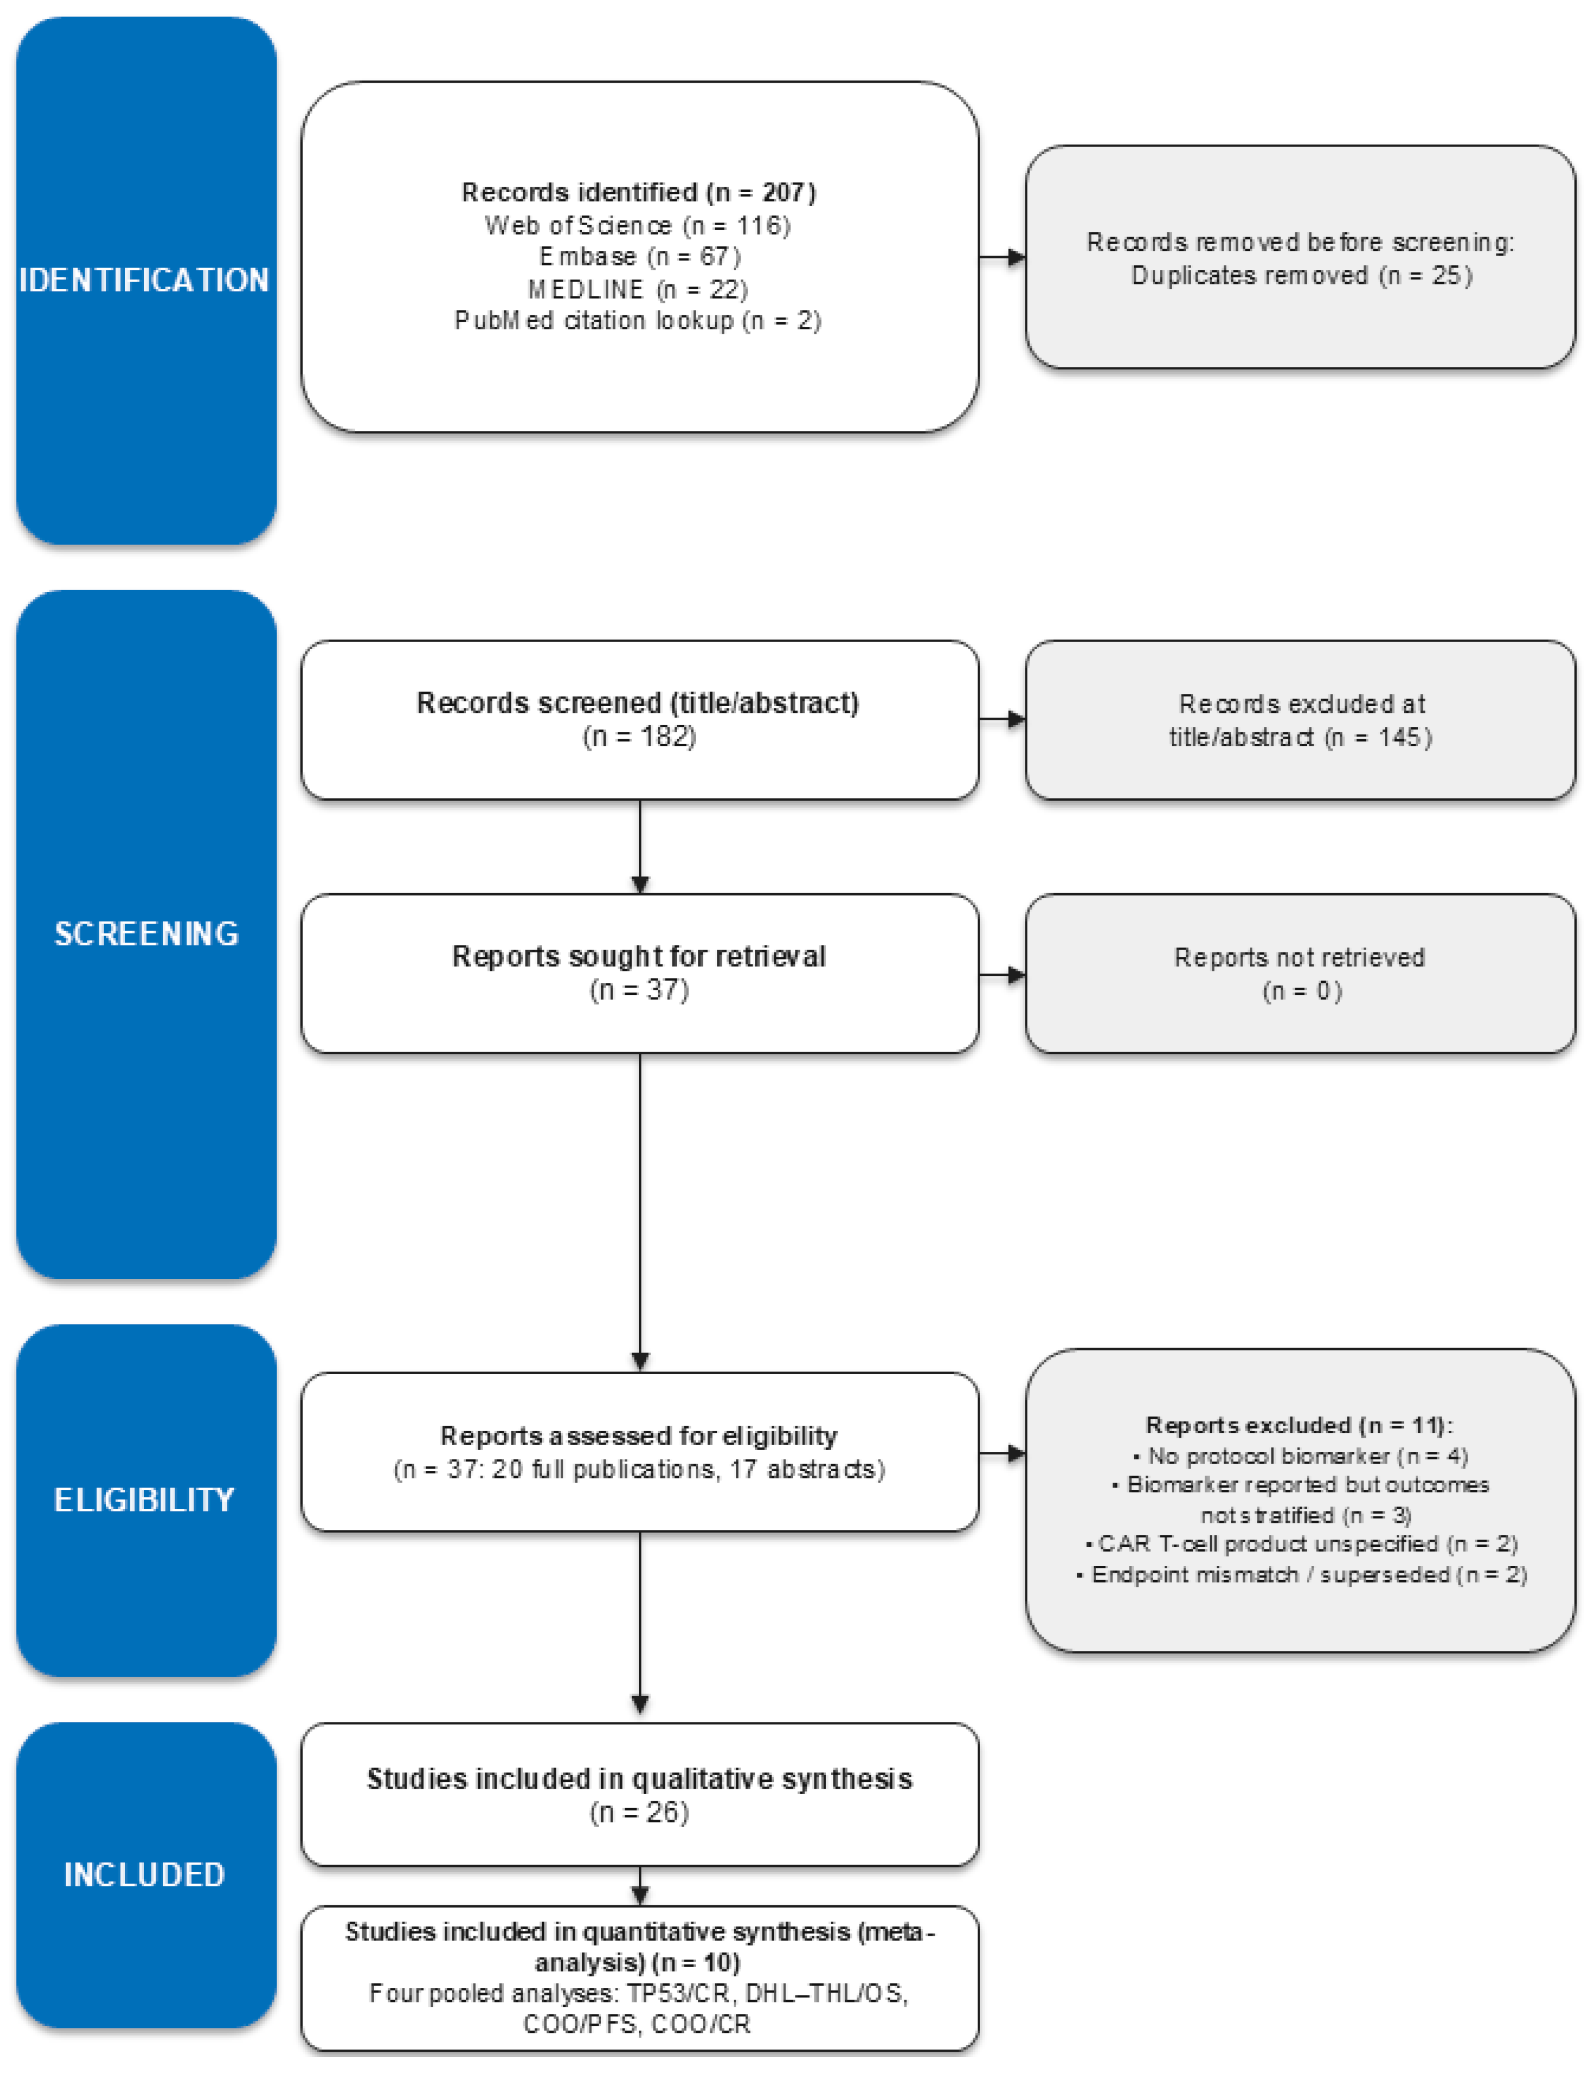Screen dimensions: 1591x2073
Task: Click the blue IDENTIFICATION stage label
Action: (144, 280)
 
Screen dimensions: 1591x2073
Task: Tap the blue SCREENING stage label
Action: (146, 933)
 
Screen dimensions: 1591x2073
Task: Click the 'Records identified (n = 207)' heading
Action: (638, 192)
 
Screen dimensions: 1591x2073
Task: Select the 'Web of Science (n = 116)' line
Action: (637, 226)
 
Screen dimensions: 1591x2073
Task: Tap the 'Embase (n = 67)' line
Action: (639, 257)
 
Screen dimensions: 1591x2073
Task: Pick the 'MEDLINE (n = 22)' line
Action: (637, 289)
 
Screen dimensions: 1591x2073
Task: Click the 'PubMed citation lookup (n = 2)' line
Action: (637, 321)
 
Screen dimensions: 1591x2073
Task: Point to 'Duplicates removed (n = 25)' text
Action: (1301, 276)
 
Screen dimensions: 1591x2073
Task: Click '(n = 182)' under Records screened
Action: (639, 736)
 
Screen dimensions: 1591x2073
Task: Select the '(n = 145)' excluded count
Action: (1378, 737)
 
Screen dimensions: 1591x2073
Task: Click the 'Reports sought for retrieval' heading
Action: (638, 956)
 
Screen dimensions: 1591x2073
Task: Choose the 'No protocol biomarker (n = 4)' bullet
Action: (1300, 1456)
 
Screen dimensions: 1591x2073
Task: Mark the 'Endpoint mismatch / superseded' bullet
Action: (1301, 1574)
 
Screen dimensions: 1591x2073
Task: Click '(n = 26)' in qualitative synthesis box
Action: (639, 1812)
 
